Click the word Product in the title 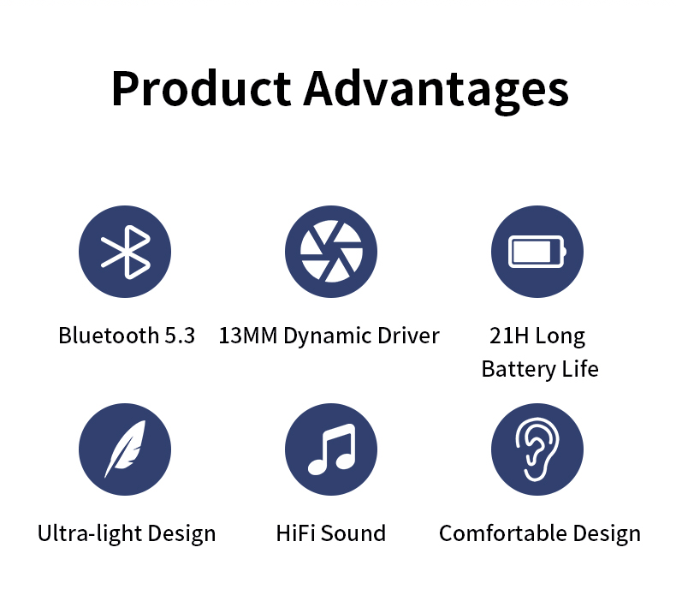[x=201, y=88]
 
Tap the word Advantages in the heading [x=436, y=92]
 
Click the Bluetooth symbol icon [x=126, y=252]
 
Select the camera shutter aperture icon [x=331, y=252]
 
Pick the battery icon [x=537, y=252]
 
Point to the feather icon [x=125, y=449]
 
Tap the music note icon [x=331, y=449]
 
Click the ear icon [x=537, y=449]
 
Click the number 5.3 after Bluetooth [x=180, y=336]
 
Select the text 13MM [x=248, y=336]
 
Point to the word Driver [x=408, y=336]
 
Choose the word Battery [x=519, y=370]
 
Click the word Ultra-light [x=89, y=534]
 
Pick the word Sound [x=353, y=533]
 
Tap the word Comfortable [x=502, y=533]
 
